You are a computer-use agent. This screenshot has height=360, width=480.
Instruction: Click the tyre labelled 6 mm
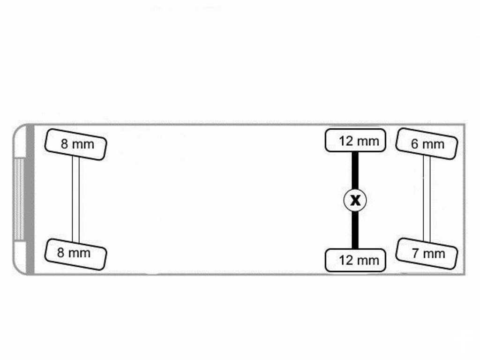tap(427, 144)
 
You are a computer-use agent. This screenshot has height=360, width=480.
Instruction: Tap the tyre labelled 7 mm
tap(427, 254)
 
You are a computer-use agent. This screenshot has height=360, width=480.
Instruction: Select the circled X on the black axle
tap(355, 200)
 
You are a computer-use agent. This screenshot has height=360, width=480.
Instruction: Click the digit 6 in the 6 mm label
tap(414, 144)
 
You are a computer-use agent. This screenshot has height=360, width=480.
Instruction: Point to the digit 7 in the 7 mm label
tap(415, 253)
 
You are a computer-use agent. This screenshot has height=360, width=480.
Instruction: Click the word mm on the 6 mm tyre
tap(433, 144)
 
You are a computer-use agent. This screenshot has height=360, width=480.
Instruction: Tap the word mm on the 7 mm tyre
tap(434, 254)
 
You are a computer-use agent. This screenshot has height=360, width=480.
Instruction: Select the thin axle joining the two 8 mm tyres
tap(75, 199)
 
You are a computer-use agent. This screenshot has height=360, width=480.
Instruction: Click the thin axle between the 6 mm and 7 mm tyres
tap(427, 198)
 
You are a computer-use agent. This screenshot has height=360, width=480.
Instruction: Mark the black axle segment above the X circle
tap(355, 171)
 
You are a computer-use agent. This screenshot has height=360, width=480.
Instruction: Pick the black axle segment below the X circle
tap(355, 230)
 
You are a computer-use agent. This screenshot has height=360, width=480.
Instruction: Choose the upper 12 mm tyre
tap(355, 140)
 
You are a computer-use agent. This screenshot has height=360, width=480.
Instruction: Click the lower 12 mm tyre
tap(355, 260)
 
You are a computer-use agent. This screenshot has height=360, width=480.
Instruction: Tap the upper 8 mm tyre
tap(75, 144)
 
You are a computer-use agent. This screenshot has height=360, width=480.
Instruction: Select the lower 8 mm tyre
tap(75, 254)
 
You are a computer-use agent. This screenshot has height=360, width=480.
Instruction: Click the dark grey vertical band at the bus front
tap(30, 199)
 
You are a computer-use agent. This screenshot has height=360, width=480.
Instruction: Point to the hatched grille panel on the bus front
tap(19, 199)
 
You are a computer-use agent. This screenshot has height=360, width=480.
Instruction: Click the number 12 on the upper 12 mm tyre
tap(346, 141)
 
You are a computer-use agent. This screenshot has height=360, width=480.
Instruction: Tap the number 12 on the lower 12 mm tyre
tap(346, 261)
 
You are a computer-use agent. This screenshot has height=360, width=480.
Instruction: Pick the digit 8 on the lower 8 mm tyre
tap(60, 253)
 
